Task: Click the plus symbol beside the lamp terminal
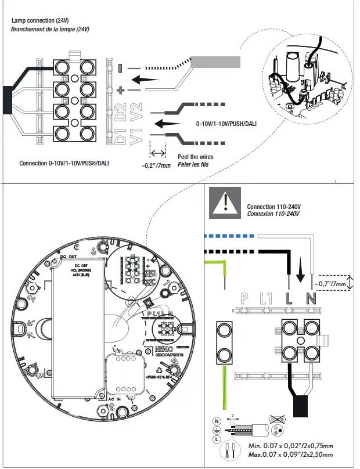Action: point(120,90)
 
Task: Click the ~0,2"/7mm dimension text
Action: point(156,165)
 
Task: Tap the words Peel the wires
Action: point(195,157)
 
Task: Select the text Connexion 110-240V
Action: point(273,214)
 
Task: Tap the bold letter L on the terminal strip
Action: point(289,300)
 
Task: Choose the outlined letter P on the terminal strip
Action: point(245,300)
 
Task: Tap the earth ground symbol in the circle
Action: point(217,431)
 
